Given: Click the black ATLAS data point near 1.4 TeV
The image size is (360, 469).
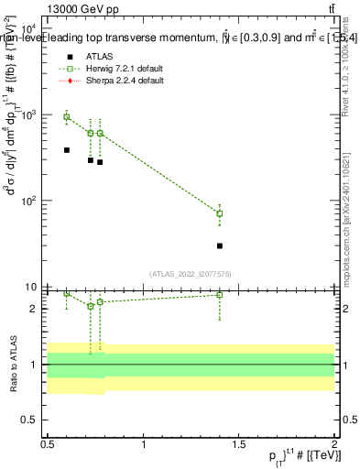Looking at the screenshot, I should coord(220,245).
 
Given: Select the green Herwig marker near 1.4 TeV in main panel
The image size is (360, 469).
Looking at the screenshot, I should coord(220,213).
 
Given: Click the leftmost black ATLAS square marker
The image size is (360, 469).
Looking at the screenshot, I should coord(66,149).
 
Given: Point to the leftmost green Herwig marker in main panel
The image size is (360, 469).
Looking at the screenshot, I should coord(66,116).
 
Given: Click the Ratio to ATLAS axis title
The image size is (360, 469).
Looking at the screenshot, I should coord(13,365).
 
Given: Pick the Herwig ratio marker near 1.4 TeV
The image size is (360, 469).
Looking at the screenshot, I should coord(220,295).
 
